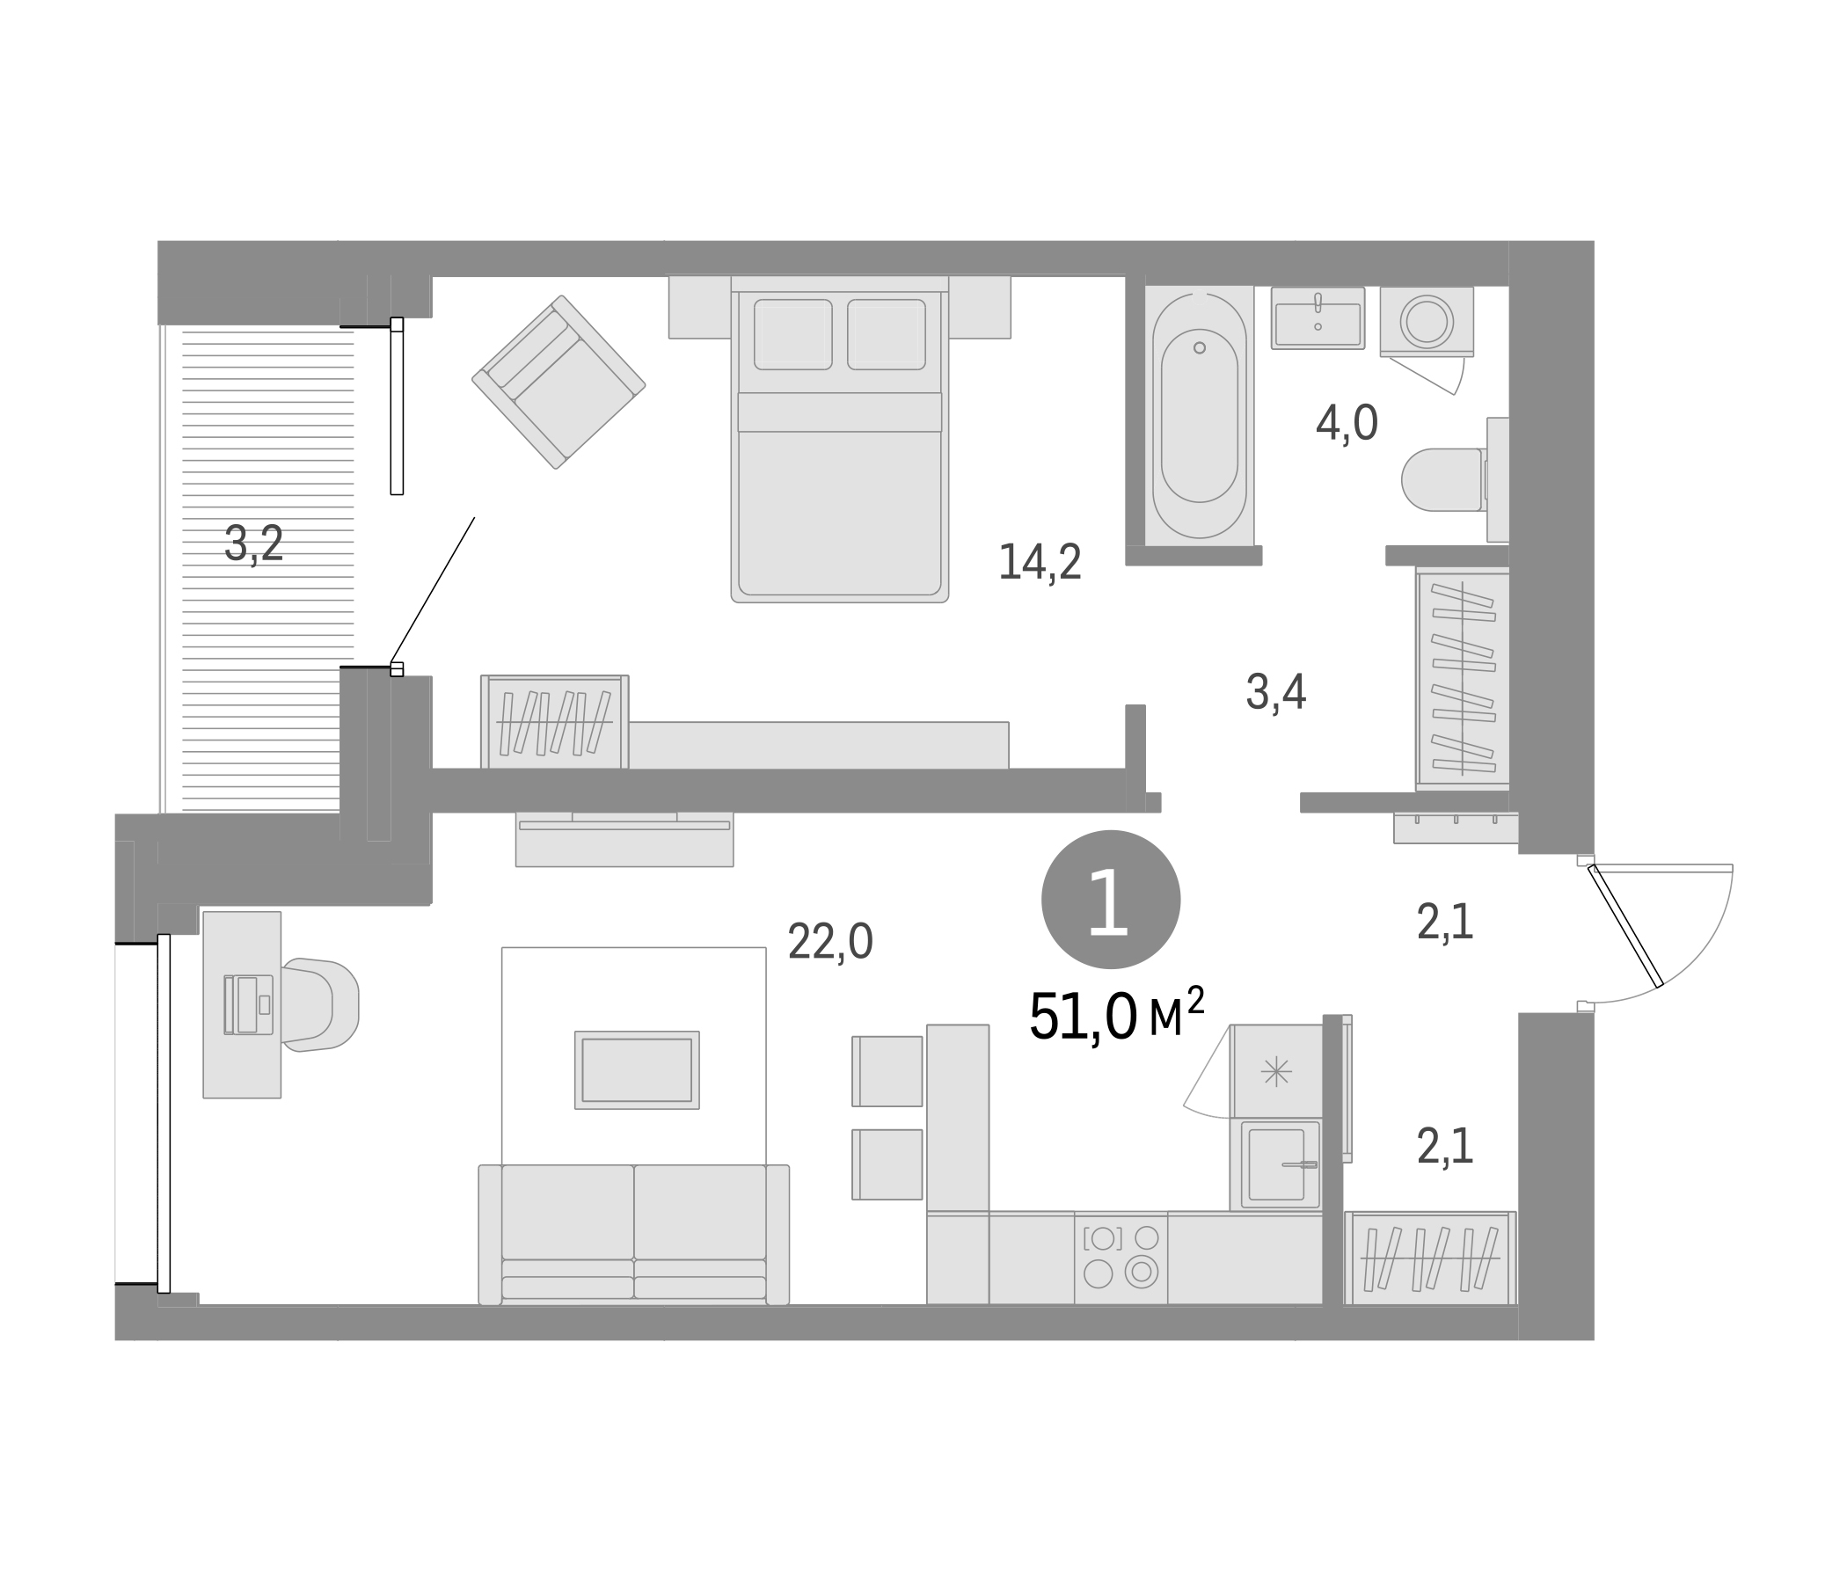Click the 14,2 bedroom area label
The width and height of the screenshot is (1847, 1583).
[x=1040, y=564]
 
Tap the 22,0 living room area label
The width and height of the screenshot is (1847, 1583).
[x=830, y=942]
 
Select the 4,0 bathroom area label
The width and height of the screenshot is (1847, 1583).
[x=1347, y=423]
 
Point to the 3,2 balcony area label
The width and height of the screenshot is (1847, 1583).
[x=254, y=543]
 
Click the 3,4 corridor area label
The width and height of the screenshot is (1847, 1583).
[x=1275, y=693]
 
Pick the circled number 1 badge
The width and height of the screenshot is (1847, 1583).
[x=1111, y=901]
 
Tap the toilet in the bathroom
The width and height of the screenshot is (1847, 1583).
[x=1442, y=479]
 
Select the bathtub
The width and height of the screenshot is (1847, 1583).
[x=1199, y=415]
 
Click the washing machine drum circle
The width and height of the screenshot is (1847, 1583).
[x=1427, y=321]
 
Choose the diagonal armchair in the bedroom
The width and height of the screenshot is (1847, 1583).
[x=558, y=382]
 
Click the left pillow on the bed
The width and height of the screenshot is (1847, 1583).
[x=792, y=334]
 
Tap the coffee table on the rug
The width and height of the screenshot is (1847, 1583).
[x=637, y=1069]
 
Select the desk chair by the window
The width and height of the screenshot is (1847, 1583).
[x=320, y=1004]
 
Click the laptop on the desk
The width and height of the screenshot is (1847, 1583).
[x=249, y=1004]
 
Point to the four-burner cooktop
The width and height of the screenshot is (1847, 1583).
[x=1121, y=1257]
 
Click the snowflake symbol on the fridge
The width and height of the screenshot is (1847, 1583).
[x=1276, y=1070]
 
